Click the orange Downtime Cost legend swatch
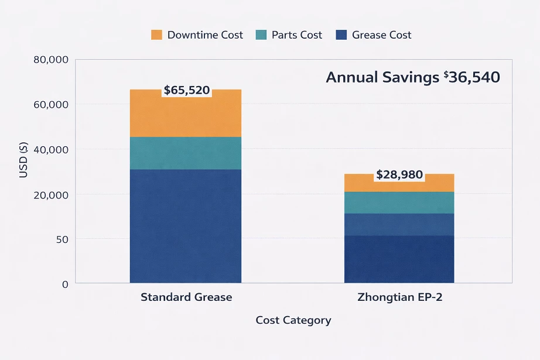[x=156, y=35]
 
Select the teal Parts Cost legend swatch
[x=261, y=35]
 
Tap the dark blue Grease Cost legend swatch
[x=341, y=35]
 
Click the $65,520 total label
[x=186, y=90]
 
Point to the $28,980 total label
[x=399, y=174]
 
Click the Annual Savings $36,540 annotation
[x=413, y=77]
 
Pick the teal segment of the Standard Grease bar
[x=185, y=153]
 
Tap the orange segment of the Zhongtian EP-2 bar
[x=399, y=185]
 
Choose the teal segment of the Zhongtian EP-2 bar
[x=399, y=203]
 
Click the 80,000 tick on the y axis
[x=52, y=60]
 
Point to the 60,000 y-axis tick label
[x=52, y=105]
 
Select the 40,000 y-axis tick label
[x=52, y=150]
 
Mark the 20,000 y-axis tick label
[x=52, y=194]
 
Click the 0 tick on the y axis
[x=64, y=284]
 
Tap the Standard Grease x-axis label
[x=186, y=297]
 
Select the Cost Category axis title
[x=293, y=320]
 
